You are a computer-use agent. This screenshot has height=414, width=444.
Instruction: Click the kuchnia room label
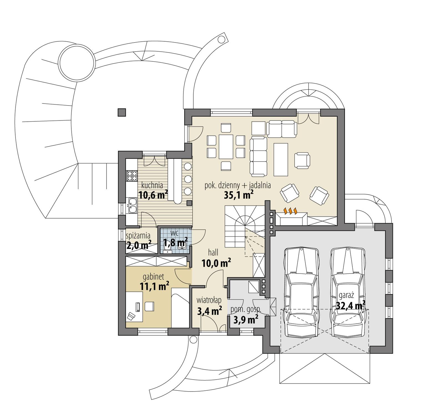[152, 185]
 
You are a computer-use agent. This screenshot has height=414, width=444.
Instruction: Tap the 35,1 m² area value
[238, 195]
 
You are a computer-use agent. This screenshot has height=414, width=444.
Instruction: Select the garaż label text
[346, 295]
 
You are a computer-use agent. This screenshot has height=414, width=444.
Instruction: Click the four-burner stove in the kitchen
[132, 176]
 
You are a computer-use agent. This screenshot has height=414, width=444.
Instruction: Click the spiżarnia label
[138, 236]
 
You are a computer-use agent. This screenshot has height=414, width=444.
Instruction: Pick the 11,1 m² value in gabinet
[154, 286]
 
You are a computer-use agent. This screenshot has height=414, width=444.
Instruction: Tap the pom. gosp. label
[246, 310]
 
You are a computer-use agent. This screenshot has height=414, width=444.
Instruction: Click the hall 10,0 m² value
[216, 263]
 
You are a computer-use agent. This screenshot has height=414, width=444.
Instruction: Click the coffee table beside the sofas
[281, 159]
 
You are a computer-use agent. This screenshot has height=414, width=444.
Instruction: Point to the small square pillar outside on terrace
[121, 112]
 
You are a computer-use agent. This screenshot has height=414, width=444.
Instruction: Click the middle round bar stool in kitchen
[188, 179]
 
